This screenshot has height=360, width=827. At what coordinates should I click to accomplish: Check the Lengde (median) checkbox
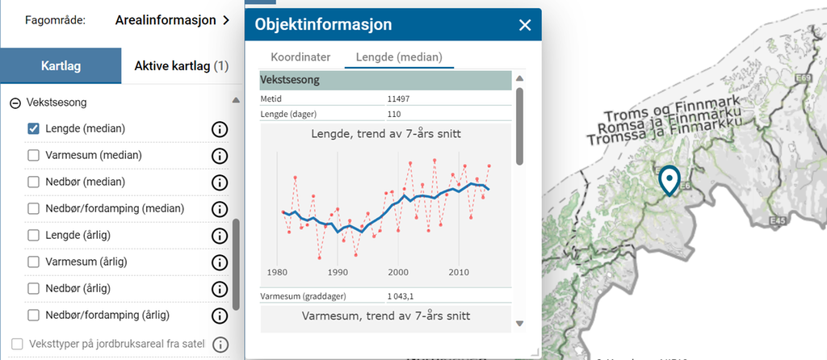click(x=34, y=128)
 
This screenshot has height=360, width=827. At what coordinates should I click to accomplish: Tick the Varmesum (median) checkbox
click(x=34, y=155)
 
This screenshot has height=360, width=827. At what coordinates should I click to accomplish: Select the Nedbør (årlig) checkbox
click(x=34, y=288)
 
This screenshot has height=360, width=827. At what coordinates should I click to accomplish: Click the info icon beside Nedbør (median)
click(x=219, y=182)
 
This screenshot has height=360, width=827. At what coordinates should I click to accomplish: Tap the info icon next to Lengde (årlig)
click(x=219, y=236)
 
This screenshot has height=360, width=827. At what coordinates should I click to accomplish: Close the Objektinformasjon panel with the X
click(x=525, y=25)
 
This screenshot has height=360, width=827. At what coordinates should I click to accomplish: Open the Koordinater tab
click(x=300, y=57)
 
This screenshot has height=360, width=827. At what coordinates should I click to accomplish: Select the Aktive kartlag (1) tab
click(x=182, y=65)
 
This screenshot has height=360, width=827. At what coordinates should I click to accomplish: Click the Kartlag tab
click(x=61, y=65)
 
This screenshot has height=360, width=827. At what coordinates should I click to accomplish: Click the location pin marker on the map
click(x=670, y=179)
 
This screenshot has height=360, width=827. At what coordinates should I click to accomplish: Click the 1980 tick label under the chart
click(x=278, y=271)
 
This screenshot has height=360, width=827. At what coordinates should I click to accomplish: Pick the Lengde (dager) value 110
click(x=395, y=114)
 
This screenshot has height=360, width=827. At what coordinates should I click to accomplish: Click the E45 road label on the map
click(x=779, y=220)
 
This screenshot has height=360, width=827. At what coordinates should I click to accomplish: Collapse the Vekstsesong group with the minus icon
click(x=15, y=103)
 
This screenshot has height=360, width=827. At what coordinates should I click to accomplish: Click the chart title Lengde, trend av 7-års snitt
click(x=386, y=133)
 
